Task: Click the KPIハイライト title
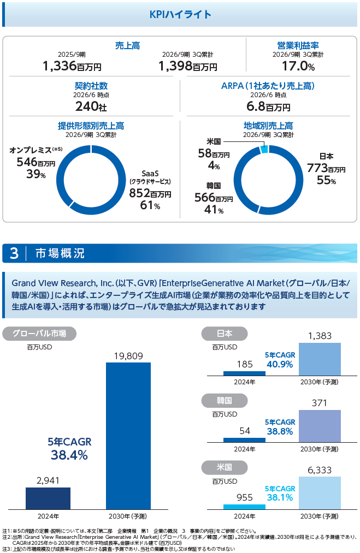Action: tap(180, 14)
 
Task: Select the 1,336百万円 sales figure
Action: tap(72, 66)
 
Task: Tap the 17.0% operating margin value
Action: tap(298, 66)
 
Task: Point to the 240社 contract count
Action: tap(91, 106)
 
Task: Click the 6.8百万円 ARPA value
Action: tap(268, 106)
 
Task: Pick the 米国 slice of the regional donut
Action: tap(264, 149)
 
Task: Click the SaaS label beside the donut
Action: tap(150, 174)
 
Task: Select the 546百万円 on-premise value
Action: tap(36, 162)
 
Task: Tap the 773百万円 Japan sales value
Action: tap(326, 168)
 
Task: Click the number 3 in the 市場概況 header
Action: tap(14, 253)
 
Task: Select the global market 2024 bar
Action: tap(48, 498)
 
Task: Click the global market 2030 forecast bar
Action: tap(128, 436)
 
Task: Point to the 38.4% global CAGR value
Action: tap(69, 455)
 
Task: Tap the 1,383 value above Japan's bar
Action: tap(320, 336)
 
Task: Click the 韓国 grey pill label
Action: tap(225, 401)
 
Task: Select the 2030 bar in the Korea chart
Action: tap(320, 426)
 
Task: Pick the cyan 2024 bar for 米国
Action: tap(244, 507)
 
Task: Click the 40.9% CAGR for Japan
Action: tap(280, 364)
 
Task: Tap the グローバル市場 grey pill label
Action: tap(39, 334)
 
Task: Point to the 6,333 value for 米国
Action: tap(320, 470)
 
